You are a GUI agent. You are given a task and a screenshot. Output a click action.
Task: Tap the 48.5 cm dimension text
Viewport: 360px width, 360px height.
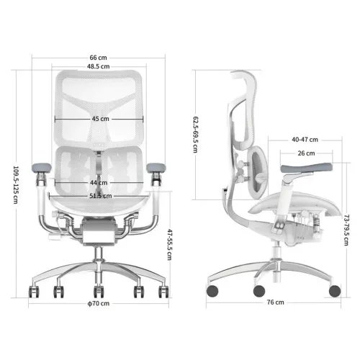pos(99,66)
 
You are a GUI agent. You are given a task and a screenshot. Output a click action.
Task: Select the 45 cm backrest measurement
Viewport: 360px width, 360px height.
pos(100,119)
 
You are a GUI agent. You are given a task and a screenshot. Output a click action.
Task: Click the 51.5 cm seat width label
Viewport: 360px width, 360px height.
pos(100,195)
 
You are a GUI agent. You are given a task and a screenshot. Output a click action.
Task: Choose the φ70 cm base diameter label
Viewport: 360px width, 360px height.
pos(99,304)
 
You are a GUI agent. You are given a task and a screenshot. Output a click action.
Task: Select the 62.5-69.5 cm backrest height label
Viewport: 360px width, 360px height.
pos(195,122)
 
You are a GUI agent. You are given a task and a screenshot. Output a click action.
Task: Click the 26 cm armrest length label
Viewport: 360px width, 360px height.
pos(305,153)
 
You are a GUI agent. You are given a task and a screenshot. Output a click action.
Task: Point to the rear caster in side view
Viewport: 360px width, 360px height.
pos(213,290)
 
